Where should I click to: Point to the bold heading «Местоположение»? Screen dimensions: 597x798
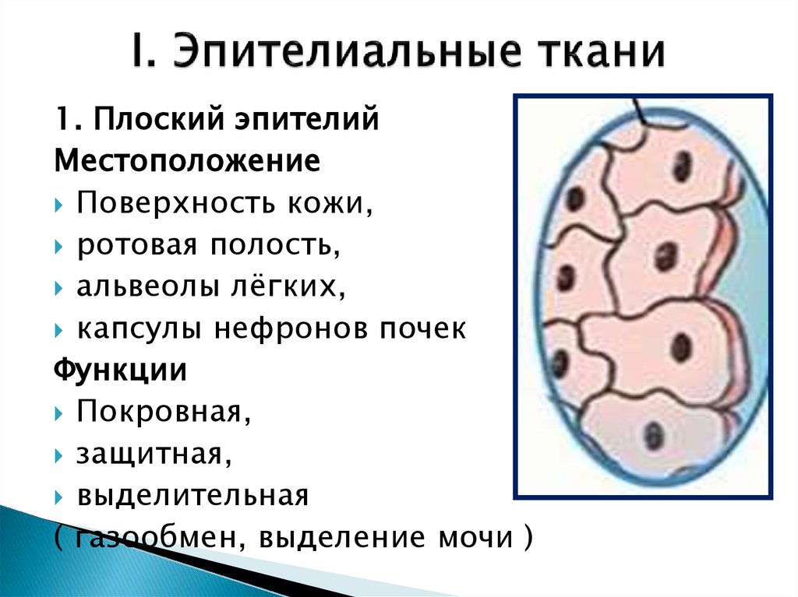pyautogui.click(x=187, y=163)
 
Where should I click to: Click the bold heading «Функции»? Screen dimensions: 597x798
pyautogui.click(x=120, y=370)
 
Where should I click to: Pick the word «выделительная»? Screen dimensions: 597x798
pyautogui.click(x=192, y=494)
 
